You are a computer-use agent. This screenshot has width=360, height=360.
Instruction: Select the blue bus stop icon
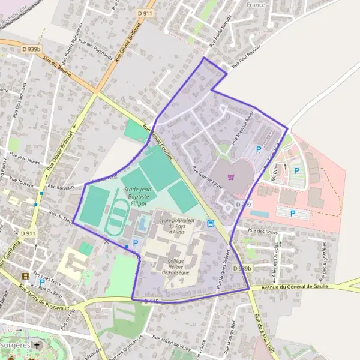pos(211,224)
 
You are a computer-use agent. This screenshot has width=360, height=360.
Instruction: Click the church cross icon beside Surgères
pos(38,346)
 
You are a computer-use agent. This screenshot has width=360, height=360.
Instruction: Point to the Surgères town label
pos(15,346)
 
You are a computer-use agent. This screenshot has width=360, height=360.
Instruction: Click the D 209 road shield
pos(243,205)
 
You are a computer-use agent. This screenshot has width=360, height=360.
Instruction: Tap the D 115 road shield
pos(151,301)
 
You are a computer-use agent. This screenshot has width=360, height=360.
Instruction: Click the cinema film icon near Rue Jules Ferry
pos(25,276)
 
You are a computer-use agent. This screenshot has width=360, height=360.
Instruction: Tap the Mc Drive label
pos(277,173)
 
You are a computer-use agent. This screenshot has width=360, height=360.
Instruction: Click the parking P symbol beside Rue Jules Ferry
pos(41,281)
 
